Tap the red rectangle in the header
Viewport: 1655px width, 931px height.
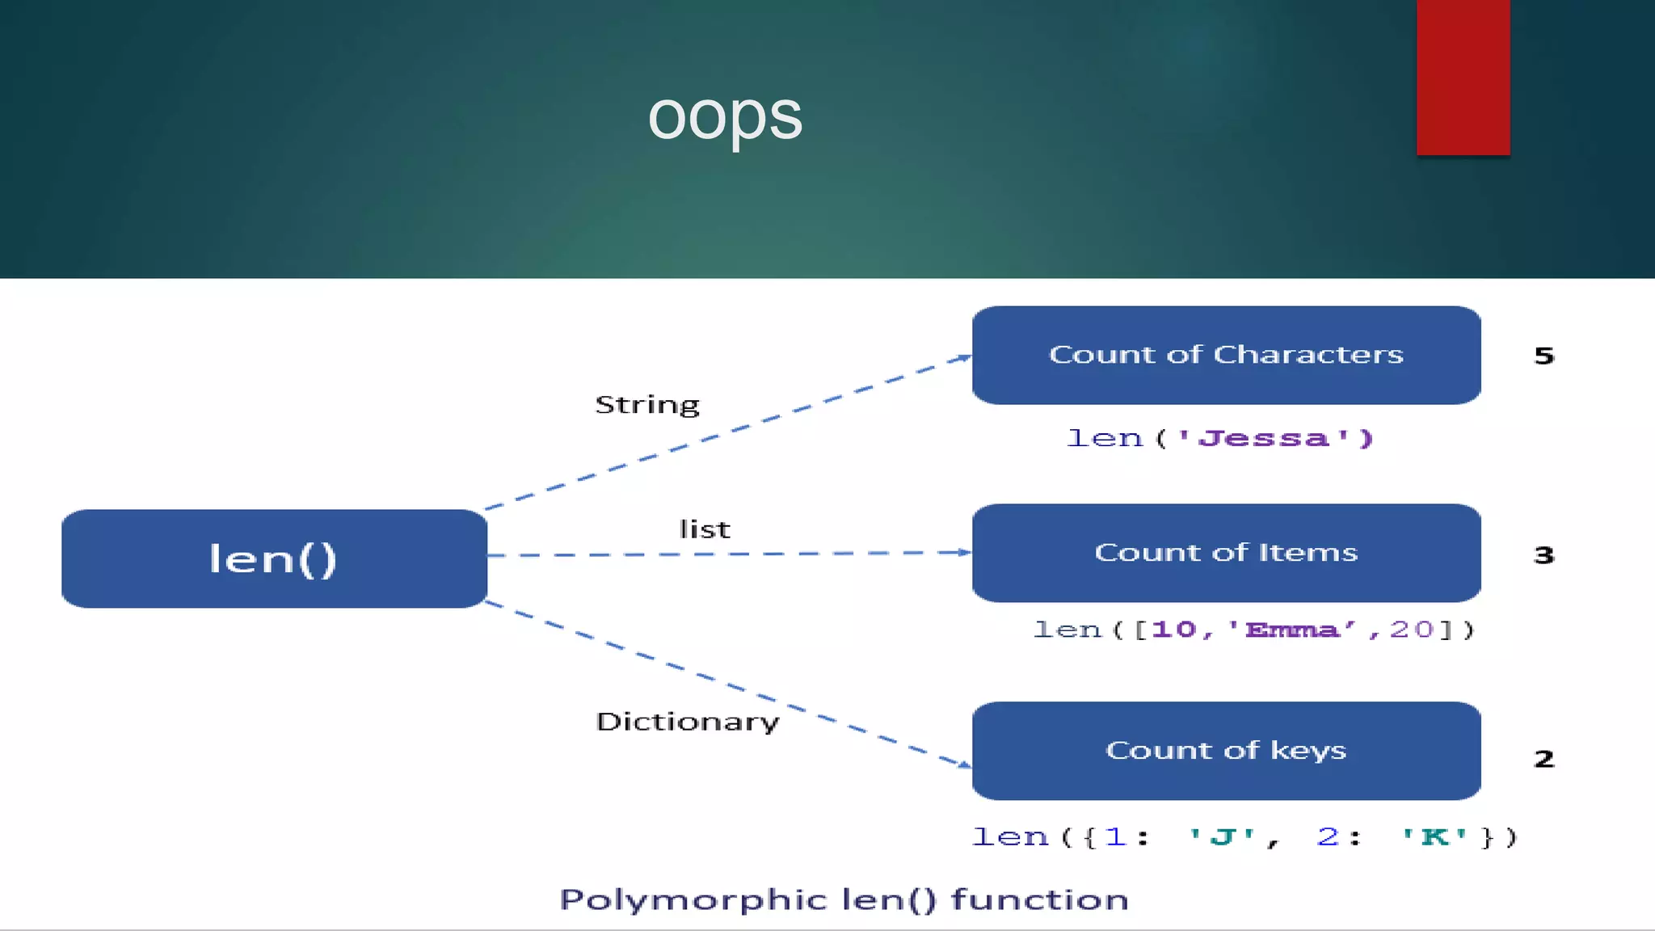(1463, 77)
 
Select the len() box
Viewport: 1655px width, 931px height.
(274, 558)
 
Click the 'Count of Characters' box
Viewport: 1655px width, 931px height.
(1226, 355)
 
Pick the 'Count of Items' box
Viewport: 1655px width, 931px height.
(1226, 553)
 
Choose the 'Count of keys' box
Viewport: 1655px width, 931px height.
(1226, 751)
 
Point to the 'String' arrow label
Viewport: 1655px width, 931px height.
(647, 405)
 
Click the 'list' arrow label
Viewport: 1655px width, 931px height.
(705, 529)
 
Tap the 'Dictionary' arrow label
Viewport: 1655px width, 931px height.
(688, 721)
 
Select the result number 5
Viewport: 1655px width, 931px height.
(1543, 356)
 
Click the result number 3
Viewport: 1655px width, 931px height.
(1543, 555)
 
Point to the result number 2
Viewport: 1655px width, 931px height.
(1543, 759)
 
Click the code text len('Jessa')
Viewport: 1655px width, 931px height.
(1219, 438)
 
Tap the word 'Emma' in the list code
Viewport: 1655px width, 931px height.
(1291, 630)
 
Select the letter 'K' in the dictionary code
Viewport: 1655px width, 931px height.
(1434, 836)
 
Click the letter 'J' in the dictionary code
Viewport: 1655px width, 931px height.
(1223, 836)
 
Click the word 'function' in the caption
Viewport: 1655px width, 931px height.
(1040, 899)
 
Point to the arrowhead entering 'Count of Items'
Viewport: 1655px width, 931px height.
(964, 552)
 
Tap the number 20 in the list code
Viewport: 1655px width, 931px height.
(1411, 630)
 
